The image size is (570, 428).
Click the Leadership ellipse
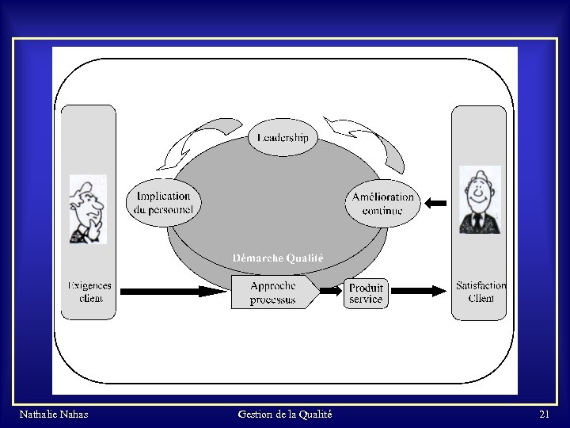click(283, 138)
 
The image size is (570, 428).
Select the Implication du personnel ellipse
click(164, 203)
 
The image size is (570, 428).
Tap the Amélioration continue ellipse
click(382, 203)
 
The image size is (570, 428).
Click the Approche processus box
click(274, 292)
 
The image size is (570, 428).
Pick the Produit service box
click(366, 293)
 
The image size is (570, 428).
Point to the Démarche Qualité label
click(278, 258)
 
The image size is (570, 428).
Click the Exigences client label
click(89, 292)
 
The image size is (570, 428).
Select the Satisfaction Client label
click(481, 292)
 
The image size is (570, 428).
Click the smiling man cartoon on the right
click(480, 200)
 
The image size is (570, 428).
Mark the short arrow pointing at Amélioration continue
click(435, 203)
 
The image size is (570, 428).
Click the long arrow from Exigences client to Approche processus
click(174, 292)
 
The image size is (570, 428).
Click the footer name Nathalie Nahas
click(53, 415)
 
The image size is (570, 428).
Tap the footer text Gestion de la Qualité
click(284, 415)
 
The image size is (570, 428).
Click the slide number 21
click(544, 415)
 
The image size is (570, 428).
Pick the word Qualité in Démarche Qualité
click(305, 258)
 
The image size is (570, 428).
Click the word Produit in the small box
click(366, 288)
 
